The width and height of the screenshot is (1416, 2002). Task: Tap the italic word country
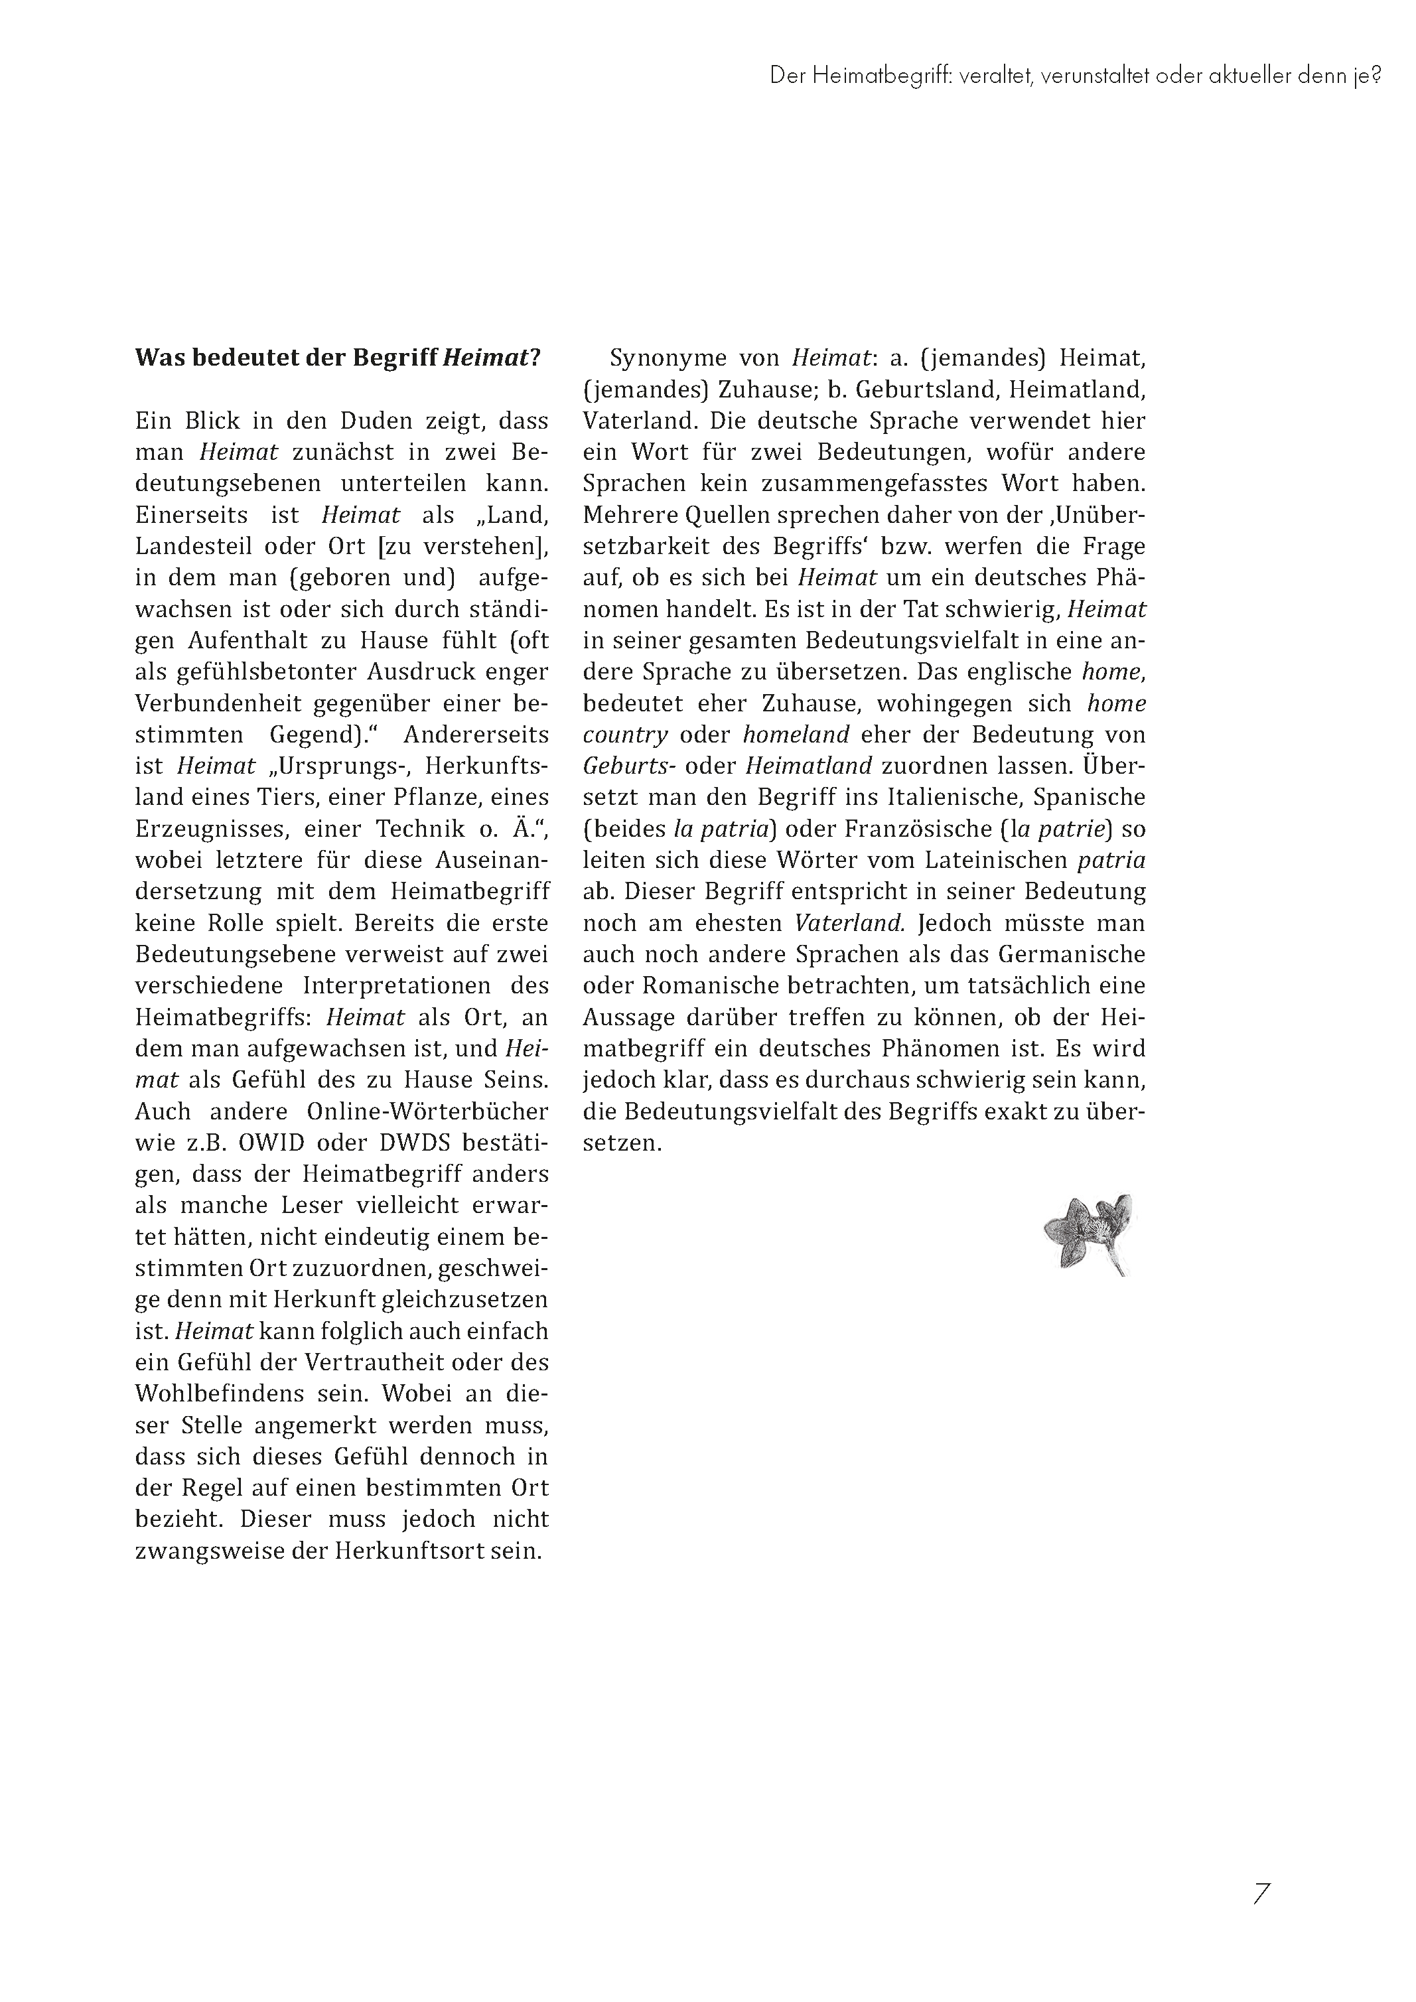click(x=625, y=735)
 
